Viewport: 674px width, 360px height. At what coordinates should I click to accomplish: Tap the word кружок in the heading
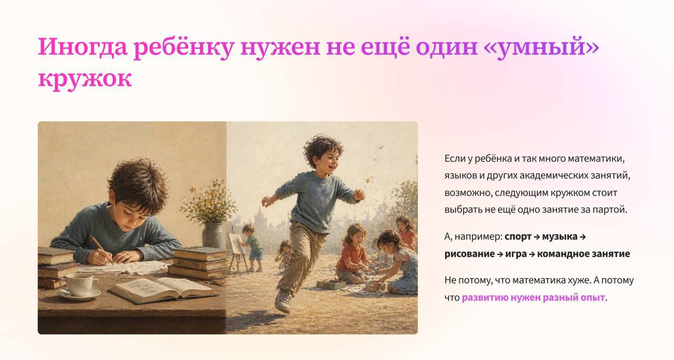pos(85,79)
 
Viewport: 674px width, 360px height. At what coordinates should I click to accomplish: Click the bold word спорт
pos(518,237)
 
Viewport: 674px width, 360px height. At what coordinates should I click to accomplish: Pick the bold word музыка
pos(560,237)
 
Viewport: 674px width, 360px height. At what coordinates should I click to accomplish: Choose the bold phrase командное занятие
pos(583,254)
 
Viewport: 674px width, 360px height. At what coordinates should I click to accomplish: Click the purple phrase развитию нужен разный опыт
pos(533,297)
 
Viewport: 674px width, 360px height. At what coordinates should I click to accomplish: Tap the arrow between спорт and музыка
pos(537,237)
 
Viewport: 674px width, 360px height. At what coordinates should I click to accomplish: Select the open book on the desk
pos(163,290)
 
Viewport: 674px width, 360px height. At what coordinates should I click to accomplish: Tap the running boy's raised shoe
pos(283,301)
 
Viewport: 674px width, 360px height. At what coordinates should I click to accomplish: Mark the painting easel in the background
pos(237,249)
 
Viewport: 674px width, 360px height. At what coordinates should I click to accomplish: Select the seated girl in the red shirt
pos(353,254)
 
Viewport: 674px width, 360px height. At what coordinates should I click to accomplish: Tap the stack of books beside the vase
pos(199,263)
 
